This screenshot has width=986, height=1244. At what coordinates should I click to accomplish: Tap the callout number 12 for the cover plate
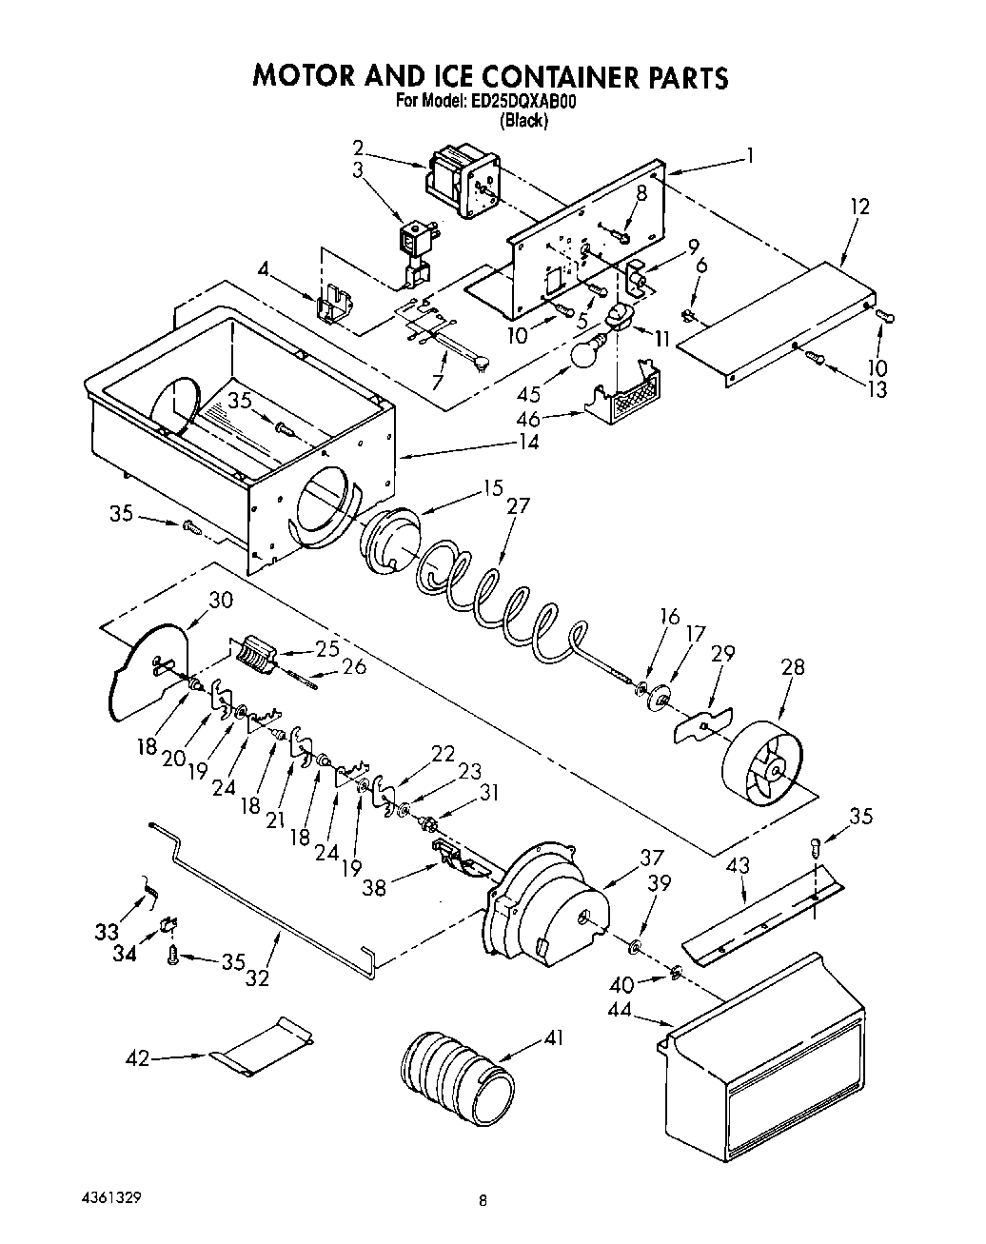859,207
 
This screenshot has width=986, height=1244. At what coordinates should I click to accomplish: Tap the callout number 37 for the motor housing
651,859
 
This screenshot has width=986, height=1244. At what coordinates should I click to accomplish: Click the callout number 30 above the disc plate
220,601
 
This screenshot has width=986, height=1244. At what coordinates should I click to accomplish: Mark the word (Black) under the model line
524,121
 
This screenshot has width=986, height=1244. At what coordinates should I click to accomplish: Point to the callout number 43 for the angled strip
739,865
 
